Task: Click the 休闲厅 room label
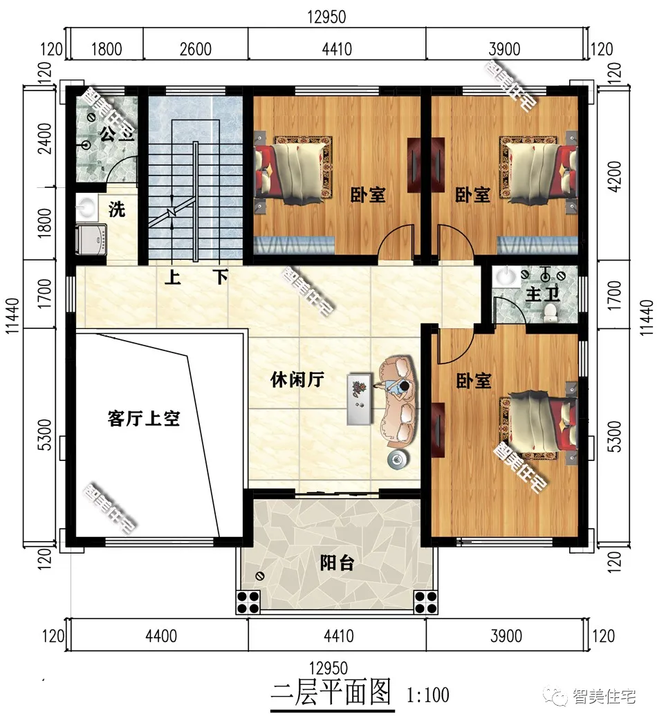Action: tap(297, 380)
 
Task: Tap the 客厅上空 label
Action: tap(144, 417)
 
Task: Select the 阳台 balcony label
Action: tap(337, 563)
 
